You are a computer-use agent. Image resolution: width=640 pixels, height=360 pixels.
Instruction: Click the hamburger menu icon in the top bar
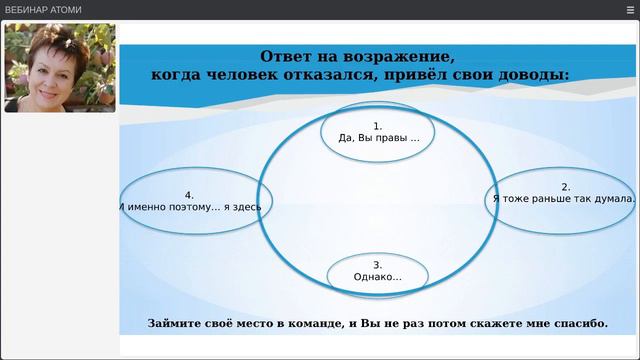tap(629, 9)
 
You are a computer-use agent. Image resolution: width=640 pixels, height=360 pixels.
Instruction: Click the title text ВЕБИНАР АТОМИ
tap(43, 10)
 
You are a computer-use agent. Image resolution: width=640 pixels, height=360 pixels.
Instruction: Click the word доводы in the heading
tap(535, 74)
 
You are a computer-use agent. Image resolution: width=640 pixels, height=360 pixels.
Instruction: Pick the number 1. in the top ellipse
tap(378, 126)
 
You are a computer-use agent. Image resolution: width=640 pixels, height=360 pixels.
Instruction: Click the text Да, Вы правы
tap(375, 139)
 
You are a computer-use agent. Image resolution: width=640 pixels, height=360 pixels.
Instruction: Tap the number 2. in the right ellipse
tap(565, 187)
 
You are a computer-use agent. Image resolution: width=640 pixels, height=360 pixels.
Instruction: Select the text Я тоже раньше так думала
tap(565, 200)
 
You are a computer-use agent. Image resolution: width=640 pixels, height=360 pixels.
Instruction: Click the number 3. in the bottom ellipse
tap(377, 264)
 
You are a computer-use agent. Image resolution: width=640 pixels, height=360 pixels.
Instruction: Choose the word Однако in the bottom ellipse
tap(376, 277)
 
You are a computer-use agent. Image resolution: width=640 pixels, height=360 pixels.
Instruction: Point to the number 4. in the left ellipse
tap(189, 195)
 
